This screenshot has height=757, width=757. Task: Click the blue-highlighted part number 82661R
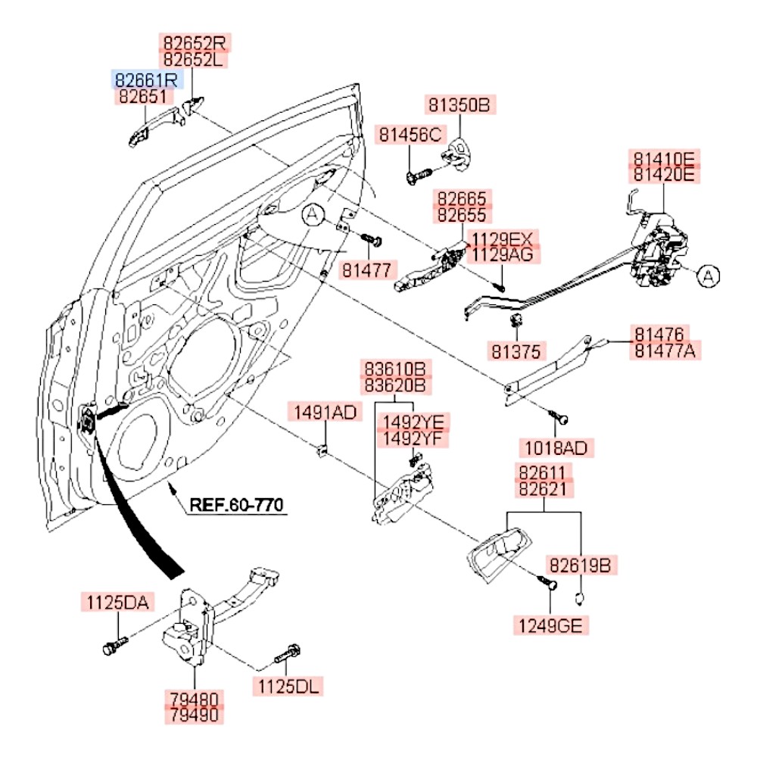coord(147,79)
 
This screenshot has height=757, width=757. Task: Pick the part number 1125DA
coord(118,603)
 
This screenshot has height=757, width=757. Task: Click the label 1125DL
coord(288,687)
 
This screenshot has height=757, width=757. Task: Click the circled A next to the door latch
coord(707,276)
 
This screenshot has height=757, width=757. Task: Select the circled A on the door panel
coord(313,217)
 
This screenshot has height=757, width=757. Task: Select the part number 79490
coord(195,714)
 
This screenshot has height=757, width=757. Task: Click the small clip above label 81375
coord(517,321)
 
